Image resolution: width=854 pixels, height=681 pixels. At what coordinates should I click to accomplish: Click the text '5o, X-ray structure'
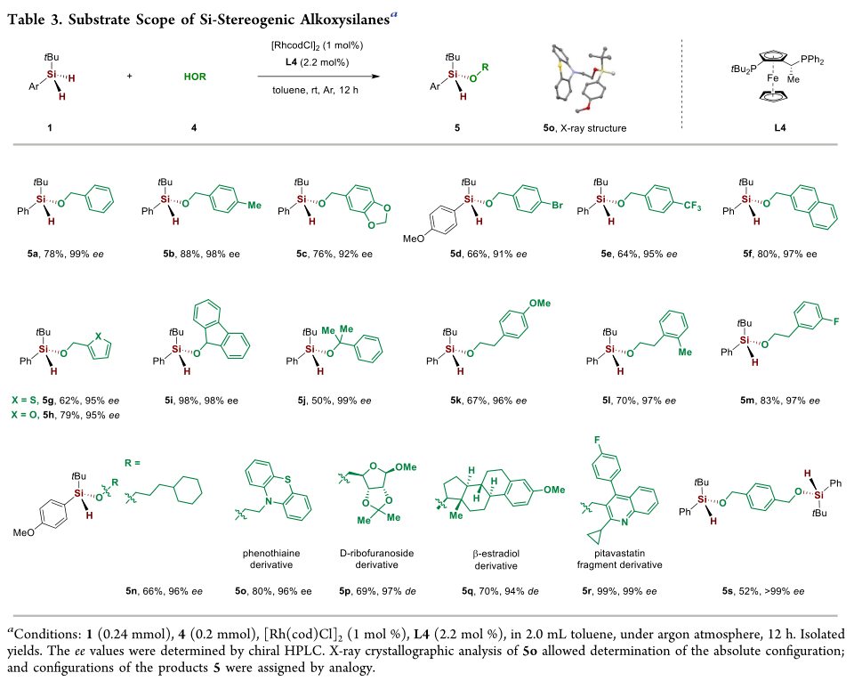click(583, 127)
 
